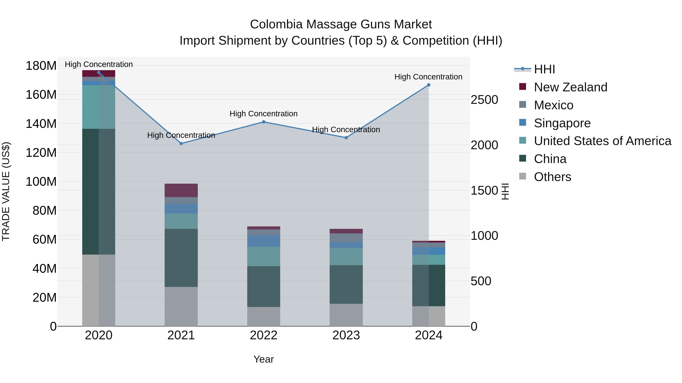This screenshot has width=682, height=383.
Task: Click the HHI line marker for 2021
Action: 181,144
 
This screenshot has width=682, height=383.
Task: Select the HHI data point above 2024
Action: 429,85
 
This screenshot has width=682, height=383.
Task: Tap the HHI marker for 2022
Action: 264,122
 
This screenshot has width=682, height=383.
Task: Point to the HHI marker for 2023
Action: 346,138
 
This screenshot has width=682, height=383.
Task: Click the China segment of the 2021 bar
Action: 181,258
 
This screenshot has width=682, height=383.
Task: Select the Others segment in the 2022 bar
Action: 264,316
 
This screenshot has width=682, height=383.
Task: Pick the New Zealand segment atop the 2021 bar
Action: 181,190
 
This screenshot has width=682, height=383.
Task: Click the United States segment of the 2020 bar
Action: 99,107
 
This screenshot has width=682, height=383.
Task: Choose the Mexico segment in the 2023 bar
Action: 346,238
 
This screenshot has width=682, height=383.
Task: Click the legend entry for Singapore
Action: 562,123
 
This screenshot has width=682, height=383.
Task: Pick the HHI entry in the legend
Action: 544,69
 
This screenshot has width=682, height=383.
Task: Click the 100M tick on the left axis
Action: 41,182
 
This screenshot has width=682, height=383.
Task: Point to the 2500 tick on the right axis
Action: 484,100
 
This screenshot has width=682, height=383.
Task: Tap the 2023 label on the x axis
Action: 346,335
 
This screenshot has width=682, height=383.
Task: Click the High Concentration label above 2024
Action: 428,77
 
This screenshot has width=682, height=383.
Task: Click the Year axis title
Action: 264,359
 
